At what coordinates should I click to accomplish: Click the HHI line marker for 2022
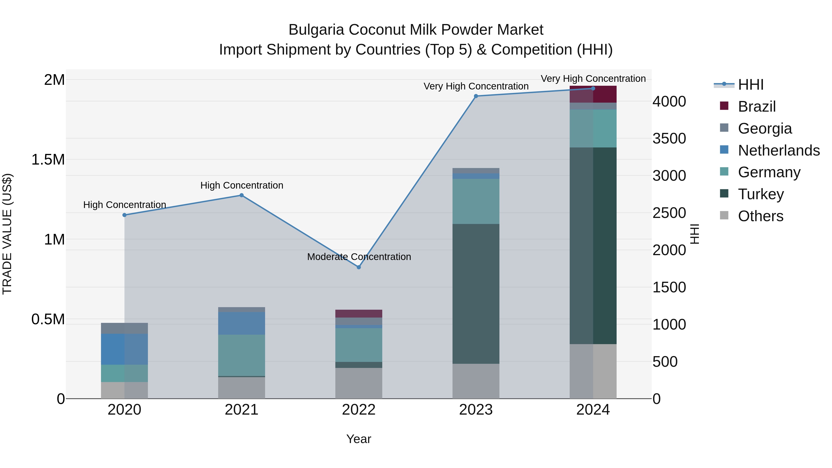pyautogui.click(x=358, y=267)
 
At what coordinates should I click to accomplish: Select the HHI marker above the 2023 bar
pyautogui.click(x=476, y=96)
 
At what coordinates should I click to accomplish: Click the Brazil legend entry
pyautogui.click(x=756, y=107)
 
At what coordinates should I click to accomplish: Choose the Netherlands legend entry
pyautogui.click(x=778, y=150)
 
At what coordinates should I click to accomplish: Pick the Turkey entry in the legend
pyautogui.click(x=761, y=194)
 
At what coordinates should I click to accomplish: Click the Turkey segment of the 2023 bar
pyautogui.click(x=476, y=294)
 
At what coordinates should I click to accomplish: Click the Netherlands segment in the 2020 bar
pyautogui.click(x=124, y=349)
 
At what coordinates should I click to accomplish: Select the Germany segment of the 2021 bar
pyautogui.click(x=242, y=355)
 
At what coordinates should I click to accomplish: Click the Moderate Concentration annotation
pyautogui.click(x=359, y=257)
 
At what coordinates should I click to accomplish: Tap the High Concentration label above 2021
pyautogui.click(x=242, y=185)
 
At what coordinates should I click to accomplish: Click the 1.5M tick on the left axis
pyautogui.click(x=48, y=159)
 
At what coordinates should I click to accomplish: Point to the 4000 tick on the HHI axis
pyautogui.click(x=669, y=101)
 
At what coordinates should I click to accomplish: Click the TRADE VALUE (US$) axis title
pyautogui.click(x=7, y=234)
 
